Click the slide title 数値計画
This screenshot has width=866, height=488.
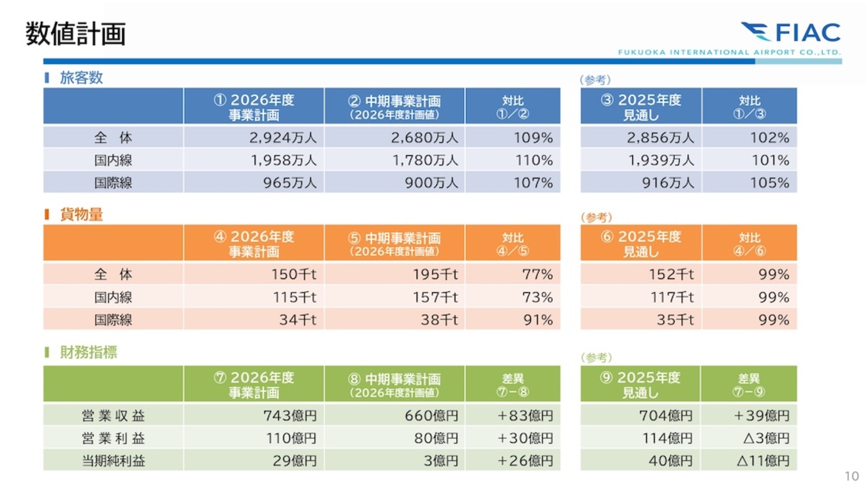pos(76,34)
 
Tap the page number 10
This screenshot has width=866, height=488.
pos(851,476)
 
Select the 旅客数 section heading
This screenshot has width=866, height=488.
pos(81,77)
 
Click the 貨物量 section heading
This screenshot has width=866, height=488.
pos(81,214)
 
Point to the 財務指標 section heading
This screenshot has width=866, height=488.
pos(88,352)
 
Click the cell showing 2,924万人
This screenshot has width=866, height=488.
pos(283,138)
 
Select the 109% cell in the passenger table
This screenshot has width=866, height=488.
pos(533,138)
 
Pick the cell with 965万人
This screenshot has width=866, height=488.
pos(290,183)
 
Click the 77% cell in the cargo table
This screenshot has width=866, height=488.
pos(537,275)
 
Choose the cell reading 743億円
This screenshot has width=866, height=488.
pos(290,415)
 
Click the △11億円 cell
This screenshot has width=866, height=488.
pos(763,461)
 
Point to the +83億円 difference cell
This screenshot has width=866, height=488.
pos(525,415)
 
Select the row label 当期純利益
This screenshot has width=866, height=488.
pos(113,461)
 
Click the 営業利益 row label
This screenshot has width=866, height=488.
pos(113,438)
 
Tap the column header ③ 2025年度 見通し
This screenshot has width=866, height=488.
pos(641,107)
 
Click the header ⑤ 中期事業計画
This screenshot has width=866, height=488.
pos(394,243)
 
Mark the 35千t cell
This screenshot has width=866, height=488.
pos(675,320)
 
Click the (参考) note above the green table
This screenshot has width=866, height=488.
pos(596,357)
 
